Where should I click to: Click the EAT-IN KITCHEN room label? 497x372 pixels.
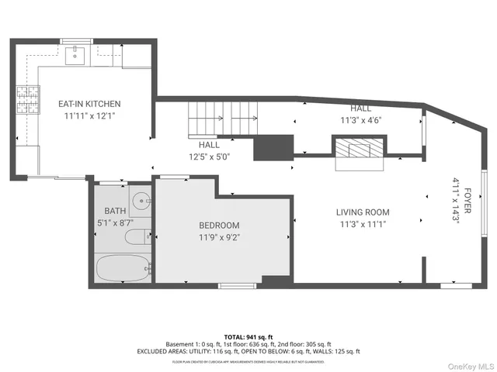tap(89, 104)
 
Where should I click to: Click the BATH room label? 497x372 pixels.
tap(114, 211)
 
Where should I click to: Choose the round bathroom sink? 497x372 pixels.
tap(140, 201)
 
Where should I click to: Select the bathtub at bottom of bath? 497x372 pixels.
tap(123, 269)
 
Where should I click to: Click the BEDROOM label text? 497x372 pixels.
tap(220, 226)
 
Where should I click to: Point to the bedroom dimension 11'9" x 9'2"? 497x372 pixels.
tap(220, 238)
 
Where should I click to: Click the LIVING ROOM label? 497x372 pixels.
tap(363, 212)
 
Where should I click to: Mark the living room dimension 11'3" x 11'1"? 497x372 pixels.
tap(363, 225)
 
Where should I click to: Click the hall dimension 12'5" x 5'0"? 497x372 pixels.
tap(209, 157)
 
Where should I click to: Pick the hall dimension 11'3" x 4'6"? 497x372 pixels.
tap(361, 120)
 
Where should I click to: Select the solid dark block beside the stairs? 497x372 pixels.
tap(273, 146)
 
